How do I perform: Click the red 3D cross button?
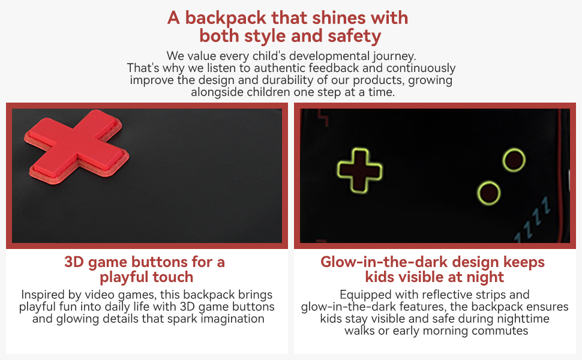point(76,146)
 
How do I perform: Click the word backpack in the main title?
point(226,18)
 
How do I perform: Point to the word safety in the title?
point(354,36)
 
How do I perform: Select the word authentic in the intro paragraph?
point(280,68)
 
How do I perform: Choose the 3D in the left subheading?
point(74,262)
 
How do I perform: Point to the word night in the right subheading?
point(487,277)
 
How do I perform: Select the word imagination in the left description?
point(233,319)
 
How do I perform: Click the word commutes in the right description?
point(500,331)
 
